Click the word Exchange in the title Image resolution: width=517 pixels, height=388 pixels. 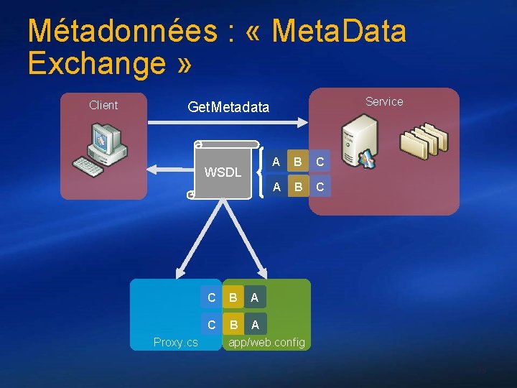click(x=97, y=63)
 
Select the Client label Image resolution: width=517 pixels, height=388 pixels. click(x=103, y=105)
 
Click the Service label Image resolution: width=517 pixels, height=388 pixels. click(x=384, y=101)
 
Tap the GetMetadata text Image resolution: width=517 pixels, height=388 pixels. click(x=228, y=108)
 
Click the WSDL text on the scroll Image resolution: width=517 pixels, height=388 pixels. click(x=223, y=172)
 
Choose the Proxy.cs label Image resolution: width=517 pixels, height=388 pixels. click(x=176, y=342)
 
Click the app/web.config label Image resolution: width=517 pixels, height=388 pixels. click(x=266, y=342)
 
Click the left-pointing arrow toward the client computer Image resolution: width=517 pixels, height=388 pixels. click(x=165, y=170)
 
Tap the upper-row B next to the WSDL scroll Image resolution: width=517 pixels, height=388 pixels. click(x=295, y=162)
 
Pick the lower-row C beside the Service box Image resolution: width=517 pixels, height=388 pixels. click(x=320, y=188)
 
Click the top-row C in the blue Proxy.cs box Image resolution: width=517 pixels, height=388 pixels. click(x=211, y=297)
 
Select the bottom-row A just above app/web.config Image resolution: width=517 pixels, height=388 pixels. click(x=255, y=325)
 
